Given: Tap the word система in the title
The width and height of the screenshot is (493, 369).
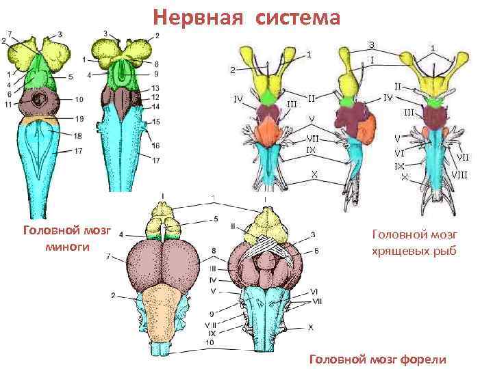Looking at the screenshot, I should click(x=299, y=16).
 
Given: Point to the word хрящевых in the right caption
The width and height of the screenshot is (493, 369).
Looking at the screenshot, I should click(x=399, y=250).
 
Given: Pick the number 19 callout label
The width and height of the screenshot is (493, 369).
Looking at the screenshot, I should click(x=79, y=119).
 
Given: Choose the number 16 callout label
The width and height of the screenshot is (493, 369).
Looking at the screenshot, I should click(x=157, y=145).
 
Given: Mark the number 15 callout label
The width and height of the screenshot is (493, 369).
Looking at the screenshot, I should click(x=157, y=122).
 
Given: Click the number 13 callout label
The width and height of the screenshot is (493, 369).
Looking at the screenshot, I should click(x=156, y=89).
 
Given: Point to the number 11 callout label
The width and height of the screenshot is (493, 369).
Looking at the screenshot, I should click(x=8, y=104).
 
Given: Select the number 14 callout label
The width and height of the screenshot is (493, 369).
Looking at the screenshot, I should click(x=156, y=107).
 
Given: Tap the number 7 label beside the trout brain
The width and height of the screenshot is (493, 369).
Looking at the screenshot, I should click(x=109, y=257).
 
